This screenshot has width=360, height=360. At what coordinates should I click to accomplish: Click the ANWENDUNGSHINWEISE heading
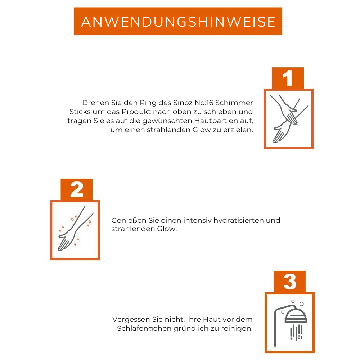[178, 22]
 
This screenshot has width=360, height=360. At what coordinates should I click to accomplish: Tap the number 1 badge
[287, 78]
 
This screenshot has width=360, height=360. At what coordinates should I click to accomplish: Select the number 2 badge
[77, 189]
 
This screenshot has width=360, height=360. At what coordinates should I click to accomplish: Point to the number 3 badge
[290, 282]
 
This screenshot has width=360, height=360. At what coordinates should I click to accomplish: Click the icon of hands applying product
[289, 119]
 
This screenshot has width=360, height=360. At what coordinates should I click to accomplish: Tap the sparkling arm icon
[75, 230]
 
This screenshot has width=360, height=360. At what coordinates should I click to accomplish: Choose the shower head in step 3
[296, 316]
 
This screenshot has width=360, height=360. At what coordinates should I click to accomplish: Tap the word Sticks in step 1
[78, 112]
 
